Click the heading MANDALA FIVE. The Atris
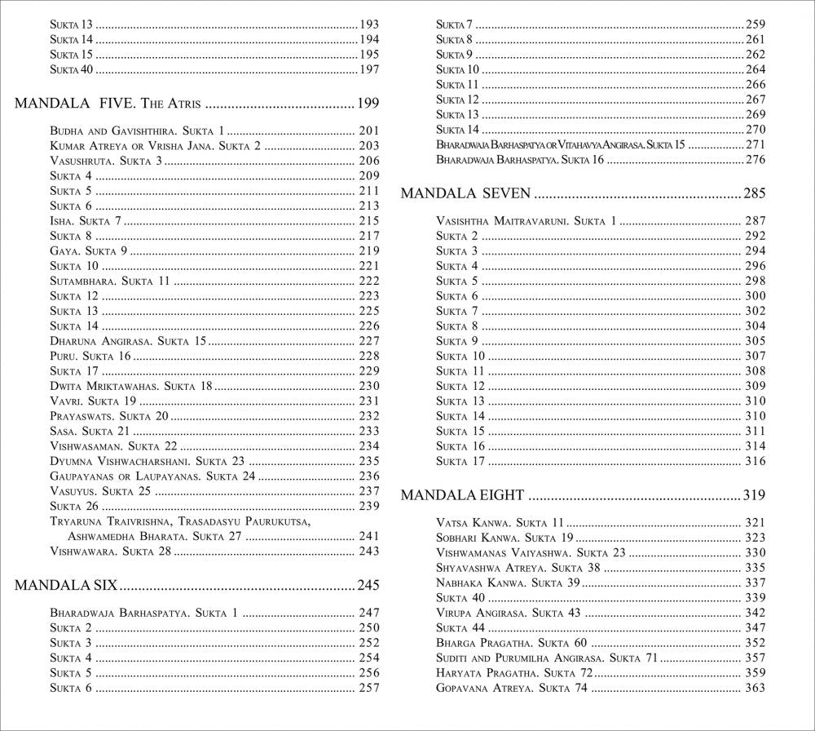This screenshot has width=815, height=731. [x=109, y=104]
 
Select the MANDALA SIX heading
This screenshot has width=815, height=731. [x=68, y=585]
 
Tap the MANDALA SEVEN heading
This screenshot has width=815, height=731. [x=466, y=194]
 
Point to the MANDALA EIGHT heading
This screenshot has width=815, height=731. [x=462, y=494]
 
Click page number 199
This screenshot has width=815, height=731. [x=368, y=104]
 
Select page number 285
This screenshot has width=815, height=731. [x=754, y=194]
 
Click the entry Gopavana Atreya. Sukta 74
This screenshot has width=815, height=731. [x=511, y=688]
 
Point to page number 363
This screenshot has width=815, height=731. [x=755, y=688]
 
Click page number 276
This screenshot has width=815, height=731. [x=755, y=159]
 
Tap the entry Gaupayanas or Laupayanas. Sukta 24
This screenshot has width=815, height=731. [x=152, y=476]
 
